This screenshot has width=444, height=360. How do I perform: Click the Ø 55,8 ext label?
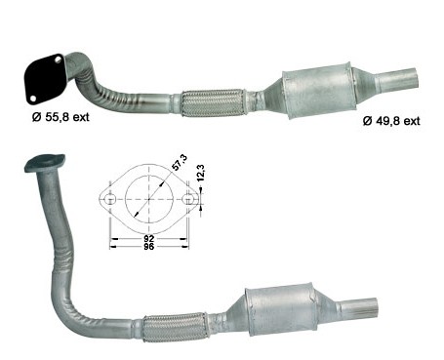[61, 117]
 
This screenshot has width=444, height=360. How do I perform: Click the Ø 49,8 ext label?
[391, 121]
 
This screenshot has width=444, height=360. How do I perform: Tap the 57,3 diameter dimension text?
[180, 163]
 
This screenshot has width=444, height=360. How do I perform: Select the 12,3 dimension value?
[201, 173]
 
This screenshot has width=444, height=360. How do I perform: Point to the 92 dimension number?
[149, 239]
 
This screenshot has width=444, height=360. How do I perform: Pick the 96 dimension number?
[149, 247]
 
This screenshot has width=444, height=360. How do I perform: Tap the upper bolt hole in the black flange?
[59, 60]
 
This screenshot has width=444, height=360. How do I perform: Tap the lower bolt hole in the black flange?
[32, 98]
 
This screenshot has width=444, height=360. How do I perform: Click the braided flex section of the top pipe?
[212, 102]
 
